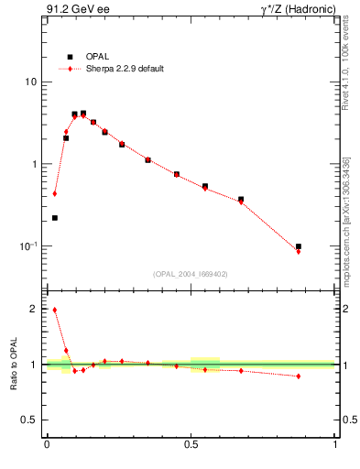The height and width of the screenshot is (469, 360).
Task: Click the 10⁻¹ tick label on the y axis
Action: tap(27, 246)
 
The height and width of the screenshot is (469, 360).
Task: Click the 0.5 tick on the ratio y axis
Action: tap(29, 420)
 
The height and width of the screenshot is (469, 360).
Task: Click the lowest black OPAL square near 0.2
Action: tap(55, 218)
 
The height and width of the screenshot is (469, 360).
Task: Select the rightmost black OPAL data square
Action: tap(299, 246)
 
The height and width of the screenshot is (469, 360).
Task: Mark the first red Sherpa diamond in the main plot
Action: tap(55, 193)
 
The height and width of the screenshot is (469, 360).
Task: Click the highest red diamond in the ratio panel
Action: tap(55, 310)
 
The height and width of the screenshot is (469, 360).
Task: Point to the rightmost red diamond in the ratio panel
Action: tap(299, 376)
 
